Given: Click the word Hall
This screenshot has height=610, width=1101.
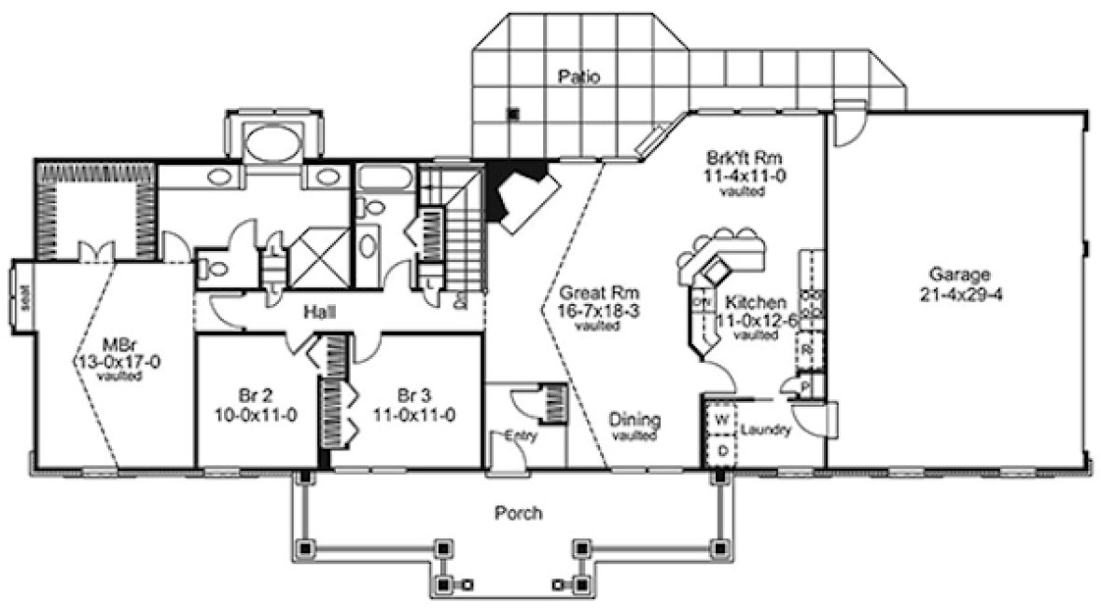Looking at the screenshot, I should (x=318, y=312).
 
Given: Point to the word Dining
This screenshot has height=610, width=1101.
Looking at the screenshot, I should (x=635, y=419).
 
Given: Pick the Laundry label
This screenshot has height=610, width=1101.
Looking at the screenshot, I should (x=768, y=430).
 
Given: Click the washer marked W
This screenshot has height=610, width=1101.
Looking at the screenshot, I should (x=720, y=420).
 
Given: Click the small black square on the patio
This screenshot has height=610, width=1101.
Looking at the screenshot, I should (x=512, y=114).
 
